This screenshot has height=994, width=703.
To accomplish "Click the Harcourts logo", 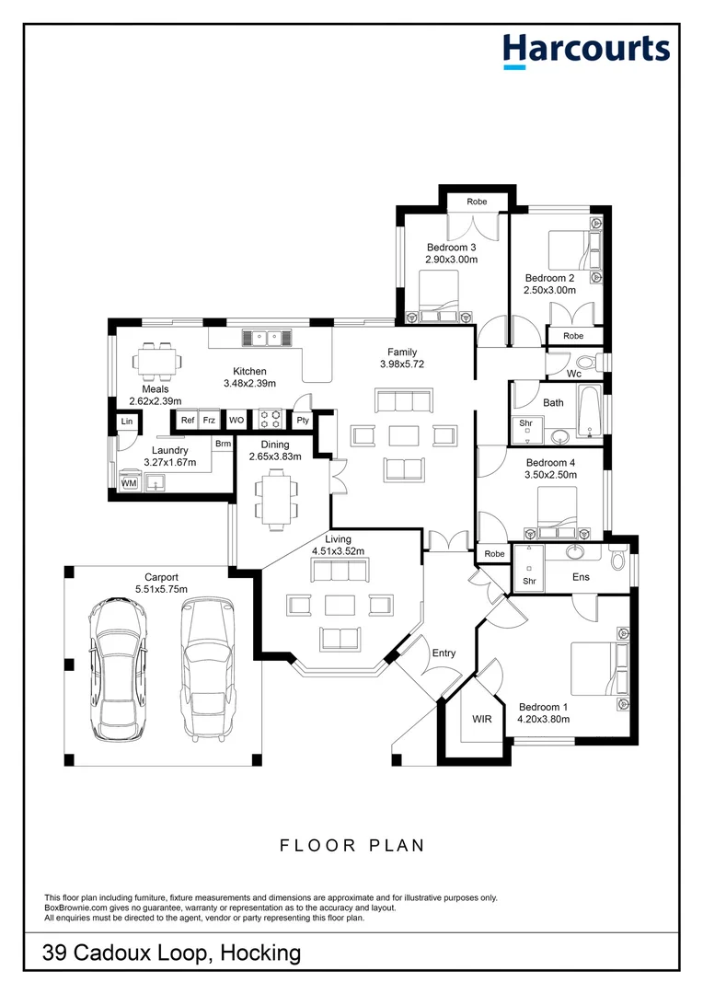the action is point(586,51).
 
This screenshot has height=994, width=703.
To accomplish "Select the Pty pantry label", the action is point(303,421).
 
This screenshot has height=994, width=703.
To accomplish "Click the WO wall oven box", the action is point(236,421).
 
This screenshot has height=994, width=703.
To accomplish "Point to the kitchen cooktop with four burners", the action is point(271,420).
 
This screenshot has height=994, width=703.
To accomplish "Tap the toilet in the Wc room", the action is point(587,362).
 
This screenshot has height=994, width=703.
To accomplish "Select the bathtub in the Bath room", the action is point(589,410).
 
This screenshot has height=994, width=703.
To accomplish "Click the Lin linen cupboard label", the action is point(127,421).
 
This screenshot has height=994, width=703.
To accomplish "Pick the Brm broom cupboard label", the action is point(223,444).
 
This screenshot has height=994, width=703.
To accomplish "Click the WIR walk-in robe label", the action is point(482,719).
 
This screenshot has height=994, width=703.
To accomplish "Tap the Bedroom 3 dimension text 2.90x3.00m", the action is point(452,260).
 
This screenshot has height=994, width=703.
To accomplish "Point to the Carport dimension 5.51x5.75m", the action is point(161,589).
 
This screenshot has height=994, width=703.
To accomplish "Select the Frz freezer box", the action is point(209,421).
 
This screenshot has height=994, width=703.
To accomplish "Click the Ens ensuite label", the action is point(581,577).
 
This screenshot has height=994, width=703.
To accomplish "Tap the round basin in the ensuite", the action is point(576,551).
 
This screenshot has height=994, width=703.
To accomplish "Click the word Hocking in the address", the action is point(260,954).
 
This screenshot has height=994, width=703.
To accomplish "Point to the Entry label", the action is point(444,653).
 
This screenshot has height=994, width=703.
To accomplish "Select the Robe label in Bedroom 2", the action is point(573,336).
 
